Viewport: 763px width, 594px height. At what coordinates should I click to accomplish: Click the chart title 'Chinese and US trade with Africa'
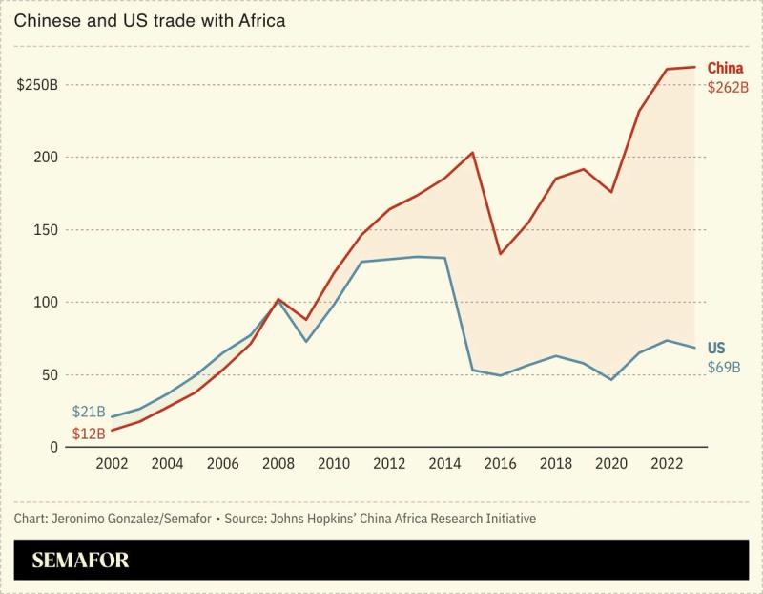coord(149,20)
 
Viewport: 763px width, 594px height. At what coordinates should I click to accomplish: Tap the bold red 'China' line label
coord(725,68)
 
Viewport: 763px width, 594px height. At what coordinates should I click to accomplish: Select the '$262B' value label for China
coord(728,87)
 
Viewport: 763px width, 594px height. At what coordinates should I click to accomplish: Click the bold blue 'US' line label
coord(716,348)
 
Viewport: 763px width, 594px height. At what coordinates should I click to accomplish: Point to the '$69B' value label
coord(724,368)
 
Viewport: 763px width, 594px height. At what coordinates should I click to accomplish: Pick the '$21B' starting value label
coord(89,412)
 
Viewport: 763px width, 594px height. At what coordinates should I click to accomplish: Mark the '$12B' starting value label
coord(89,434)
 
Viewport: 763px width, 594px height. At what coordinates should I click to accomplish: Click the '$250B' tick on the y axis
coord(37,84)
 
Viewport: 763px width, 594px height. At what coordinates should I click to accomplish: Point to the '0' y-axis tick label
coord(54,447)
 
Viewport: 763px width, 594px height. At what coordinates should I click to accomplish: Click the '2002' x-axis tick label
coord(113,464)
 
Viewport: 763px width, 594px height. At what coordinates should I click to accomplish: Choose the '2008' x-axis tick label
coord(278,464)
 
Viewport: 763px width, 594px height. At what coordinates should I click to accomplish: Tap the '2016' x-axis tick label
coord(500,464)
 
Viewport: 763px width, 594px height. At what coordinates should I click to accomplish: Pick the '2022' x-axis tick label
coord(666,464)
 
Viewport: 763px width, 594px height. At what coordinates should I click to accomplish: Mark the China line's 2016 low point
coord(500,253)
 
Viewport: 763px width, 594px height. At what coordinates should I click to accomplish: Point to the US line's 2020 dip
coord(610,379)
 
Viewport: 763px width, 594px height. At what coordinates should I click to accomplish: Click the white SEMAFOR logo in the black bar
coord(81,561)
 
